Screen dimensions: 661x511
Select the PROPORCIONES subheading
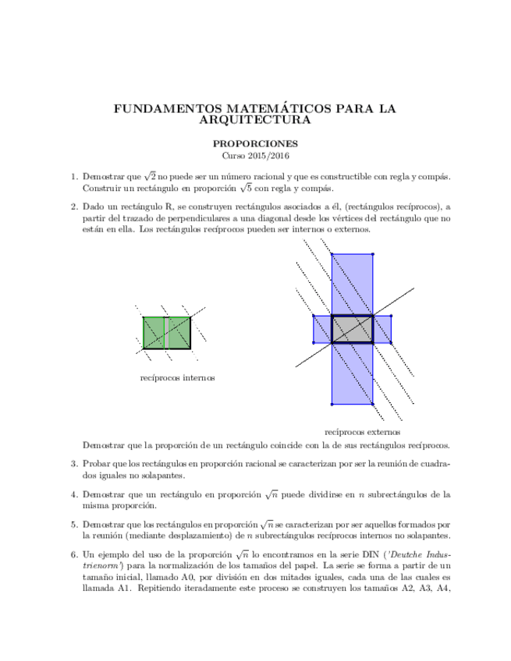click(255, 144)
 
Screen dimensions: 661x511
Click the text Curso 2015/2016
click(255, 156)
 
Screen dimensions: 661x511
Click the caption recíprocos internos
click(177, 378)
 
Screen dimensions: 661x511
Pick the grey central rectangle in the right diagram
click(352, 329)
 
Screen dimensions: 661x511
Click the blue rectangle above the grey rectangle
click(352, 284)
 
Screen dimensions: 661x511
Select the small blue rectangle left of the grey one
click(322, 329)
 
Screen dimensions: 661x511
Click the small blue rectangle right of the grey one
click(381, 329)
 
